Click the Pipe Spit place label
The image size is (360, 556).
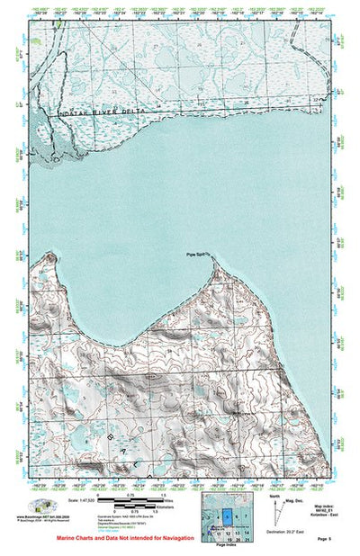197,255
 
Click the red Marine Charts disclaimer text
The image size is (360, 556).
118,536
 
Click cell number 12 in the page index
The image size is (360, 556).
228,534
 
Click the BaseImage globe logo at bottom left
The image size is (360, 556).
40,506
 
